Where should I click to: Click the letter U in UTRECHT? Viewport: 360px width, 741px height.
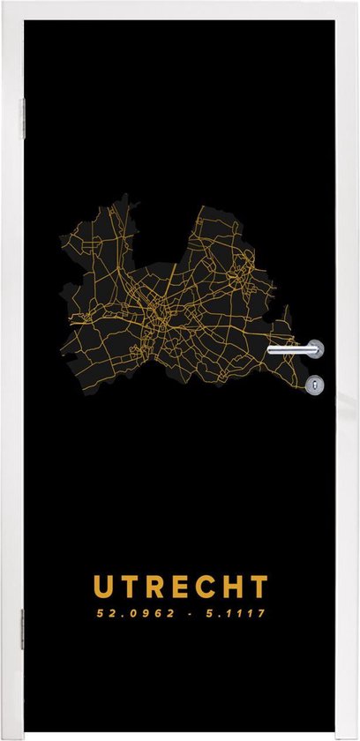coord(104,587)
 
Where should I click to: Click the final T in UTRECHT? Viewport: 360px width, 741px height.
coord(258,587)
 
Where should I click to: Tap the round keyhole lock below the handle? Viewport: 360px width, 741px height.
coord(316,384)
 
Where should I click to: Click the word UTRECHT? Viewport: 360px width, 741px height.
coord(181,587)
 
